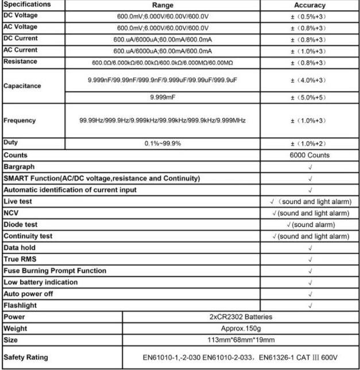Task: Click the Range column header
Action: pyautogui.click(x=162, y=5)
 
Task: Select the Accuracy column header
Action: pyautogui.click(x=309, y=5)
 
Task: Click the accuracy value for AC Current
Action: pyautogui.click(x=309, y=51)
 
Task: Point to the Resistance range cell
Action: pyautogui.click(x=162, y=62)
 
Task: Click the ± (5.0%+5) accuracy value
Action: pyautogui.click(x=309, y=98)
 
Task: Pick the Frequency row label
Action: pyautogui.click(x=20, y=121)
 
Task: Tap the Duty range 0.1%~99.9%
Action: pyautogui.click(x=162, y=143)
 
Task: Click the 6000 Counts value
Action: pyautogui.click(x=310, y=155)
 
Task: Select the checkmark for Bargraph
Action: pyautogui.click(x=310, y=167)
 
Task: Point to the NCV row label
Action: pyautogui.click(x=11, y=213)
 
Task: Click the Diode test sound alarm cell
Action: pyautogui.click(x=310, y=225)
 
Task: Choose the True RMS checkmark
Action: pyautogui.click(x=310, y=259)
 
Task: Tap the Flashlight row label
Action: pyautogui.click(x=20, y=305)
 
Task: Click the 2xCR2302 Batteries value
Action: pyautogui.click(x=241, y=317)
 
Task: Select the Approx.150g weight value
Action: pyautogui.click(x=241, y=328)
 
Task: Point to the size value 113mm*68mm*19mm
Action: pyautogui.click(x=241, y=340)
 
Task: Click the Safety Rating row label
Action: pyautogui.click(x=26, y=357)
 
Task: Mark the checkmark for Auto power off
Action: pyautogui.click(x=310, y=294)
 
